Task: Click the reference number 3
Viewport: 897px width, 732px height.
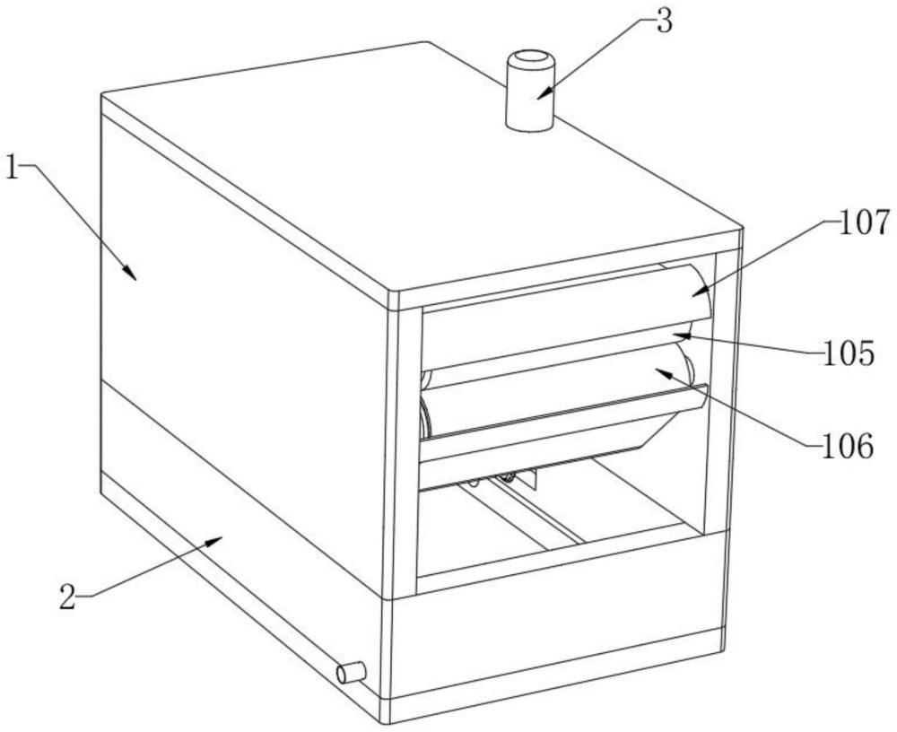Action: tap(664, 22)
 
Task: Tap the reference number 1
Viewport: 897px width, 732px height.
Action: tap(13, 168)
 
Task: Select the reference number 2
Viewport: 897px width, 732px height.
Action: tap(68, 597)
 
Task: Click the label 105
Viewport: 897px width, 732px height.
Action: tap(849, 353)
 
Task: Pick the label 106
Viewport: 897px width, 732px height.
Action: tap(848, 446)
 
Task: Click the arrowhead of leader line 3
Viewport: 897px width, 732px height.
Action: tap(544, 92)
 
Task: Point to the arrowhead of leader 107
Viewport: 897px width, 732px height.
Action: tap(699, 292)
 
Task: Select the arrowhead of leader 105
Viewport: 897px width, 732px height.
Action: tap(680, 335)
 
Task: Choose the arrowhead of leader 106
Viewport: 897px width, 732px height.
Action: tap(663, 373)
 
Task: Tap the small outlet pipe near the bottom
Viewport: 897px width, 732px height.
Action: tap(351, 672)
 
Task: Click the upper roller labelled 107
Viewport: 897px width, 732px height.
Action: tap(566, 317)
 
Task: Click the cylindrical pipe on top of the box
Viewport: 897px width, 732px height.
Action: tap(531, 91)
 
